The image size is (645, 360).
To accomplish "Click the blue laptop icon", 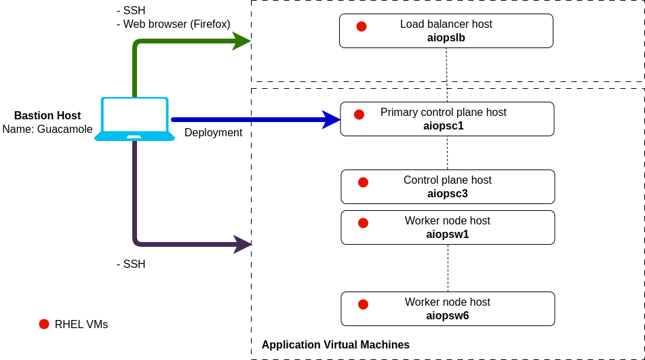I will [134, 119].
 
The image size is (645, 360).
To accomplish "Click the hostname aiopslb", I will [446, 38].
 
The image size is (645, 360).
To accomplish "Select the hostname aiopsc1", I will [444, 126].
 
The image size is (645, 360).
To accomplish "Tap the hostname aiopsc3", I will [448, 194].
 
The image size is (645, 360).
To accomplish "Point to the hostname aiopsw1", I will [448, 235].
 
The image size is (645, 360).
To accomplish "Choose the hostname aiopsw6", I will [448, 316].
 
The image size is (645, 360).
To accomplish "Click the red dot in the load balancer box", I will [361, 26].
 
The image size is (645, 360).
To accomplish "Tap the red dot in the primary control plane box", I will [359, 115].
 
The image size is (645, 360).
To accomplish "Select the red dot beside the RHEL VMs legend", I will [44, 324].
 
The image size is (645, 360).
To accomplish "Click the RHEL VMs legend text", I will [81, 325].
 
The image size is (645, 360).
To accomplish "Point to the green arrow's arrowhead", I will [241, 41].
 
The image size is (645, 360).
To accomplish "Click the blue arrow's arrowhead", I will [331, 119].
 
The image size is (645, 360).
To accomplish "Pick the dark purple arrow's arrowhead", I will [243, 244].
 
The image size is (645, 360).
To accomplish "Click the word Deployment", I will [213, 133].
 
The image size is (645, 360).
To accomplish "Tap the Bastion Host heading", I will [47, 116].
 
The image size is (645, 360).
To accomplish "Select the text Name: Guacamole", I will [47, 129].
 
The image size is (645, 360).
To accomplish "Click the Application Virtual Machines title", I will [336, 345].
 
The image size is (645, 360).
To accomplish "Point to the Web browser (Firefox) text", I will [176, 24].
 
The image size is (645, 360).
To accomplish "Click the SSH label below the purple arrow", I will [131, 264].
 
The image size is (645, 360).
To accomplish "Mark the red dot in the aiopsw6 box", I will [363, 304].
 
